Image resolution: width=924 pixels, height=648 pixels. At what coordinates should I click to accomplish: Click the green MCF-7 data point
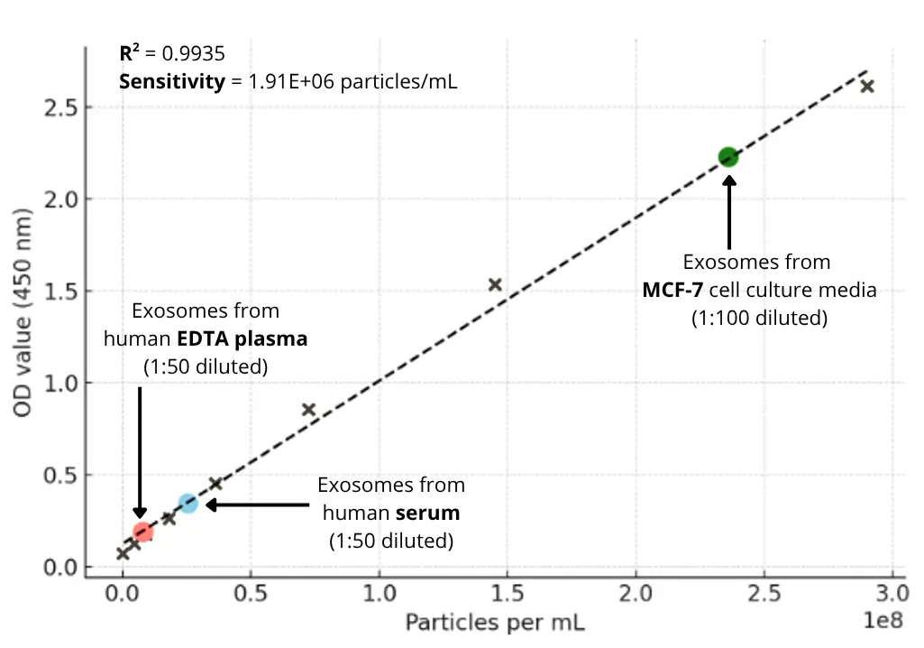click(727, 157)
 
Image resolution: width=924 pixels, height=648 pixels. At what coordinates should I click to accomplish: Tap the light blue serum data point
click(188, 503)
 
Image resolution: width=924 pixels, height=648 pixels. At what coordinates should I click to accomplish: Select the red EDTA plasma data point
click(142, 532)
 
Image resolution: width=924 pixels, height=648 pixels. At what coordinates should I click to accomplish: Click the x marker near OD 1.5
click(495, 284)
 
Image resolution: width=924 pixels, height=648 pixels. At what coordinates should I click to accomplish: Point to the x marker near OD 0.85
click(308, 410)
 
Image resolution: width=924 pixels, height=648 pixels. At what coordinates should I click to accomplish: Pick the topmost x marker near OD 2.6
click(867, 87)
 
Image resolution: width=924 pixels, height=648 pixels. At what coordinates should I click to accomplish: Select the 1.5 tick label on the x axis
click(507, 593)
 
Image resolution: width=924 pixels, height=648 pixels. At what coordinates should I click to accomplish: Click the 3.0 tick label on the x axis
click(892, 593)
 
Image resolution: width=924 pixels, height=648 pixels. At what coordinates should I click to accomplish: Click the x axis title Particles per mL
click(495, 623)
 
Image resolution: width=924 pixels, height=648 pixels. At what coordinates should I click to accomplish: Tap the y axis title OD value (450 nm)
click(24, 312)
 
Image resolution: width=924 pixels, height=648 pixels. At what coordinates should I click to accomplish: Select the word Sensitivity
click(171, 82)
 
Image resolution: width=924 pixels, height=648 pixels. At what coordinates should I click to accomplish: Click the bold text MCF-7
click(673, 291)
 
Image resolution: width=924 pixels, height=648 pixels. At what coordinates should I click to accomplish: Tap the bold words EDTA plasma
click(255, 339)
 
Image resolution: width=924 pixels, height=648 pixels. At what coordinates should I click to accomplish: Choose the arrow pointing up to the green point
click(729, 212)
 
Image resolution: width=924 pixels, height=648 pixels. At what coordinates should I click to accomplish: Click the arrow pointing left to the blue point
click(258, 505)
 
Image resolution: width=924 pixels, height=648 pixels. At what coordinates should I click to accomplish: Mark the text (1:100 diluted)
click(759, 319)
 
